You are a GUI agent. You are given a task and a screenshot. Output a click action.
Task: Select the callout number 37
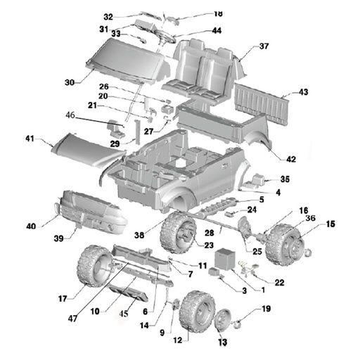[264, 46]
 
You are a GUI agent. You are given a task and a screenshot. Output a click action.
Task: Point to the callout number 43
[303, 92]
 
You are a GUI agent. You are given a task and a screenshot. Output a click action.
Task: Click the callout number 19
[266, 309]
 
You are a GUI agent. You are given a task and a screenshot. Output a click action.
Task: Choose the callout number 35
[285, 179]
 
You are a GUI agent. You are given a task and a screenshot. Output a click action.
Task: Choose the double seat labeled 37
[200, 67]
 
